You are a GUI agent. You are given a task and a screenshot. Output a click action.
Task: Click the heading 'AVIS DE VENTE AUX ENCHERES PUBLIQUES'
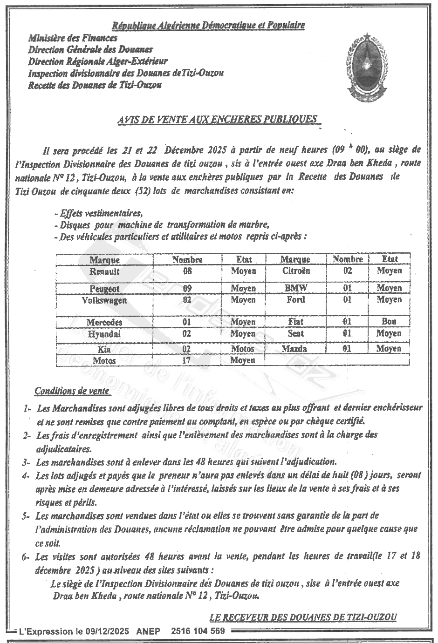[219, 120]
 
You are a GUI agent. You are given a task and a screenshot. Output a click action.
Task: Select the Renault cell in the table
[105, 271]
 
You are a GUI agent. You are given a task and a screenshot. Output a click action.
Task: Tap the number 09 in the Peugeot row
[187, 289]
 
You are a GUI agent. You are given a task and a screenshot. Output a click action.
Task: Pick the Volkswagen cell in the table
[104, 300]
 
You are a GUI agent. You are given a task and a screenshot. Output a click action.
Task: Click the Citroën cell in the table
[296, 271]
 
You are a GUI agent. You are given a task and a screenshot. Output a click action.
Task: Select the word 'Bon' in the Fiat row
[389, 321]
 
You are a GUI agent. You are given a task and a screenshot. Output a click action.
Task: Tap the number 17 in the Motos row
[187, 360]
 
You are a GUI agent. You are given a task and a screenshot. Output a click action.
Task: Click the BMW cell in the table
[296, 288]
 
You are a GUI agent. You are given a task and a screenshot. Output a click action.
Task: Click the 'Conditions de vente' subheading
[72, 391]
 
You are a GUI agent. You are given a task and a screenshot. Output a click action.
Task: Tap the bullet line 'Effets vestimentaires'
[99, 213]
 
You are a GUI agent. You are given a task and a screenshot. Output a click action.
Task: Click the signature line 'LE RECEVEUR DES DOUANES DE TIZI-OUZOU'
[303, 617]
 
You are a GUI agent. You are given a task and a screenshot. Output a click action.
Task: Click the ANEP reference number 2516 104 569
[198, 631]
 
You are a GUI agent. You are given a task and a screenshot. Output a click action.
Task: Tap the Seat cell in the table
[296, 333]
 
